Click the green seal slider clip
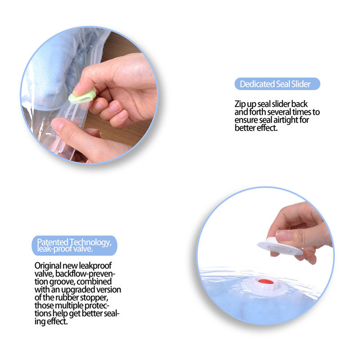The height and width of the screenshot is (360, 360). [x=82, y=96]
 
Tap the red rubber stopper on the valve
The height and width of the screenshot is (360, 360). [x=265, y=281]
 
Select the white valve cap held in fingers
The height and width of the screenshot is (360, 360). [x=280, y=247]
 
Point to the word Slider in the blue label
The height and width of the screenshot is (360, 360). [x=301, y=84]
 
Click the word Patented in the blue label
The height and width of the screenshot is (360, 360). [x=53, y=242]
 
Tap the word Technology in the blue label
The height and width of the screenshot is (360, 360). [x=91, y=243]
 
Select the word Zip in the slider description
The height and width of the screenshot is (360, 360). [x=240, y=104]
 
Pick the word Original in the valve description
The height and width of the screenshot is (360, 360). [x=48, y=266]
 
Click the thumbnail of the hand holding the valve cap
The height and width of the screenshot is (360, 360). [x=265, y=256]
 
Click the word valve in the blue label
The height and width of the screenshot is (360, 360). [x=84, y=249]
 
